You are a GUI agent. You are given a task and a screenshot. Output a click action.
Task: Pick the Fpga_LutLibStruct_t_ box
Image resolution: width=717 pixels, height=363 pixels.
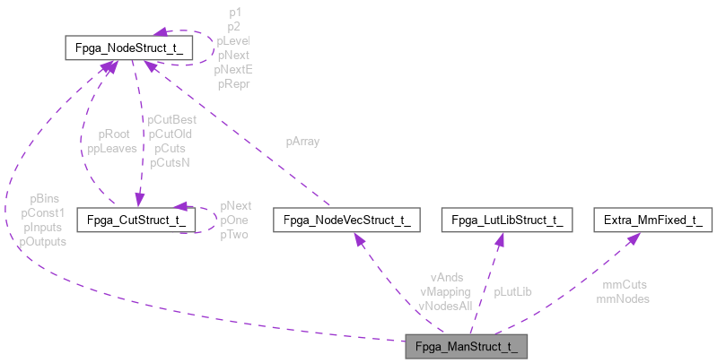507,220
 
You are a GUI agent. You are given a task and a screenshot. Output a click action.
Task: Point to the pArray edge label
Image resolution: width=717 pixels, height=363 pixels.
302,142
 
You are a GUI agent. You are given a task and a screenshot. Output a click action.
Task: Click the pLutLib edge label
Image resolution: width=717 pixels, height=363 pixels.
512,291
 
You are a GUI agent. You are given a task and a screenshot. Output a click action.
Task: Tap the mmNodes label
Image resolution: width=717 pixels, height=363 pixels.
623,298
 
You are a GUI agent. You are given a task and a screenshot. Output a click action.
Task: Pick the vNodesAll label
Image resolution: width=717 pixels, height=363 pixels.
446,305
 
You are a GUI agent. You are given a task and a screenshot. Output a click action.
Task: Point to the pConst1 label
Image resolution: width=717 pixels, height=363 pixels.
43,213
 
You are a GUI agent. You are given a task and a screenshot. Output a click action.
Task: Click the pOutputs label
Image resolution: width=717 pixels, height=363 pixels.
43,241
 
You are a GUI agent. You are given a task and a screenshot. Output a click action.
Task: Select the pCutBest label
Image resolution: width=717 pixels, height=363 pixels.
171,119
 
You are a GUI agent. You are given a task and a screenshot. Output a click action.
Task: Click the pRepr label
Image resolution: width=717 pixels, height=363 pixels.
232,83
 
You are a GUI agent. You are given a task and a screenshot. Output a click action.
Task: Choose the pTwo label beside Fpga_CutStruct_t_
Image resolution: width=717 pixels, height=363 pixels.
233,234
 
